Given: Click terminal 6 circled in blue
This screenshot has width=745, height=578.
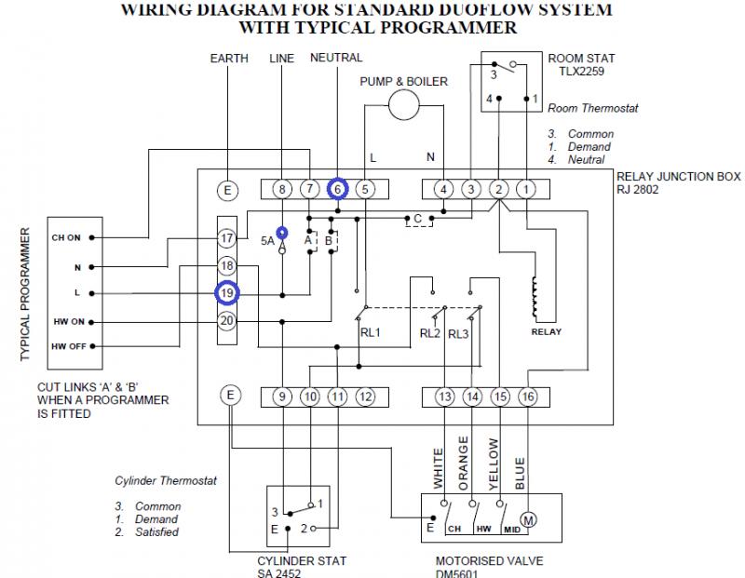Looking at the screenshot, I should coord(337,190).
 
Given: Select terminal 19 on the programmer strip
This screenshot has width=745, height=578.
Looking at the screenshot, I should coord(226,293).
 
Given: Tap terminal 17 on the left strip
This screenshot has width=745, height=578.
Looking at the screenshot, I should coord(226,238).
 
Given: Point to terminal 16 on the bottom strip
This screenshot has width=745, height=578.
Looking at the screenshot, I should coord(527,397).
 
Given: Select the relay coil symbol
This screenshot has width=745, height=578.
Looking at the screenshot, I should coord(535,298).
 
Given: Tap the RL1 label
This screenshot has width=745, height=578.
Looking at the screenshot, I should coord(370,332).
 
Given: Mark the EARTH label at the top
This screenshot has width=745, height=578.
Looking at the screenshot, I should coord(229,58).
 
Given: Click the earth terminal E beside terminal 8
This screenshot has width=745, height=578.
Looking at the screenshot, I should coord(228,190).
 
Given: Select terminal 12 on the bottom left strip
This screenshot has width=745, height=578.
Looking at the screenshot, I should coord(365,397).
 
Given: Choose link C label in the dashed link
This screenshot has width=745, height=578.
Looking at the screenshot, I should coord(417,219).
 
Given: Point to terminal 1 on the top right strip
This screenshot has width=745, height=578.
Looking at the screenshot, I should coord(526,190).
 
